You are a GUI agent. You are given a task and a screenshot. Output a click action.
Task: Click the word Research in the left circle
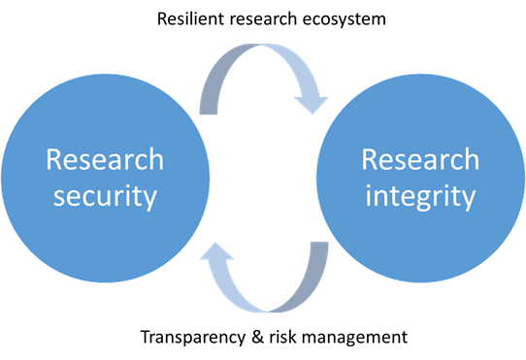[105, 160]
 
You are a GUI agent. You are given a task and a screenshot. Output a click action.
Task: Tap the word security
[105, 196]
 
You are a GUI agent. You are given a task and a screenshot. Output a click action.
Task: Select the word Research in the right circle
[420, 159]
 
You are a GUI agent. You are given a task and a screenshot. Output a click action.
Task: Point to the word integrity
[420, 196]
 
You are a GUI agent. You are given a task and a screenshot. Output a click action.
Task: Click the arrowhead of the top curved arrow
[312, 97]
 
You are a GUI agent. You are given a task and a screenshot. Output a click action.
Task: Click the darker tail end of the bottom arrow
[317, 257]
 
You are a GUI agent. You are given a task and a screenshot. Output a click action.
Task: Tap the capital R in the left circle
[55, 160]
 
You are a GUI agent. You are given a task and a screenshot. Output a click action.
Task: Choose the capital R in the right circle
[371, 159]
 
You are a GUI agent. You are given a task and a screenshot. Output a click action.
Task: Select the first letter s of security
[60, 198]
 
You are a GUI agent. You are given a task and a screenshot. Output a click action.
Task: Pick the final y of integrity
[469, 200]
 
